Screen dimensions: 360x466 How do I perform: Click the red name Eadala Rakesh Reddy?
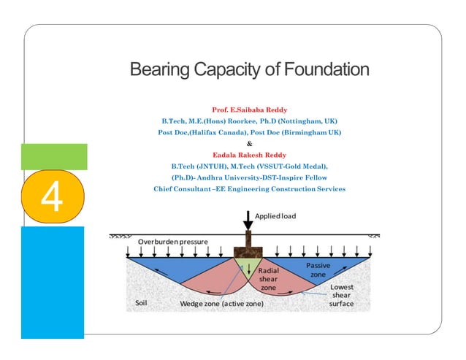tap(249, 154)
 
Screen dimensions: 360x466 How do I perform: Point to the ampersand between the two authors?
tap(249, 143)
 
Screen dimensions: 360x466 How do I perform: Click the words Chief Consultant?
tap(182, 189)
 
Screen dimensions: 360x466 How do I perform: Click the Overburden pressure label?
tap(173, 241)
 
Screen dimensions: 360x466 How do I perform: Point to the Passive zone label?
tap(318, 269)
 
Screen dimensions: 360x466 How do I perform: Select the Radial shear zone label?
tap(269, 280)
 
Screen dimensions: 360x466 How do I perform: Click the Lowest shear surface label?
tap(342, 295)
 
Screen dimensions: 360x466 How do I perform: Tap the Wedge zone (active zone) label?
tap(221, 303)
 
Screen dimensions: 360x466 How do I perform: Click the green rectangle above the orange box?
tap(54, 157)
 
